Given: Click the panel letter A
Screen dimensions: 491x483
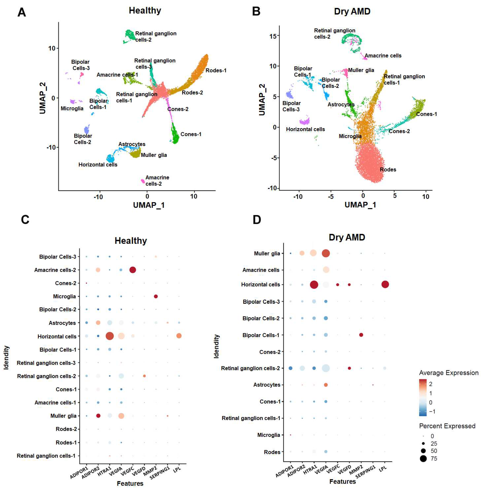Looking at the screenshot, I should [x=22, y=12].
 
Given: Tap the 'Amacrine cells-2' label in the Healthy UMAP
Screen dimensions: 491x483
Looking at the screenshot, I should [x=157, y=180].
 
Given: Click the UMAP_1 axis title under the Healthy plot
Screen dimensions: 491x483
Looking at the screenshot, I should [x=149, y=205].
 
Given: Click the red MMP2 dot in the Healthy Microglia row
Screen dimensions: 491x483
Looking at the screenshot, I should [x=156, y=296].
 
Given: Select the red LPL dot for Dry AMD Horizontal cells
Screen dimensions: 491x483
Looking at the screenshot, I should [x=385, y=284].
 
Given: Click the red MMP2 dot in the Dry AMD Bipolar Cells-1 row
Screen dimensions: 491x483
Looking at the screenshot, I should [x=361, y=335].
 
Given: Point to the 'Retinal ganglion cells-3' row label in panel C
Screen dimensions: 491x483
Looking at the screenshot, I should [x=46, y=363].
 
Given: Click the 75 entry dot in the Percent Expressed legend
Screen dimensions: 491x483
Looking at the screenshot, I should [x=423, y=458].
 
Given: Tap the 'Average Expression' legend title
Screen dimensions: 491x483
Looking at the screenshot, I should [x=449, y=373].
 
